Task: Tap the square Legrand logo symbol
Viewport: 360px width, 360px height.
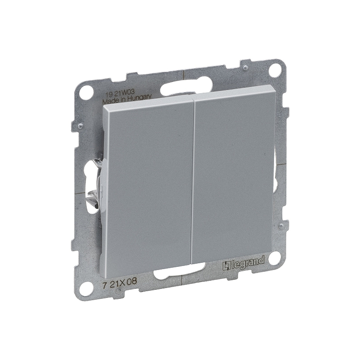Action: tap(226, 266)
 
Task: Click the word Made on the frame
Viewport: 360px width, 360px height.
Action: tap(108, 101)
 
